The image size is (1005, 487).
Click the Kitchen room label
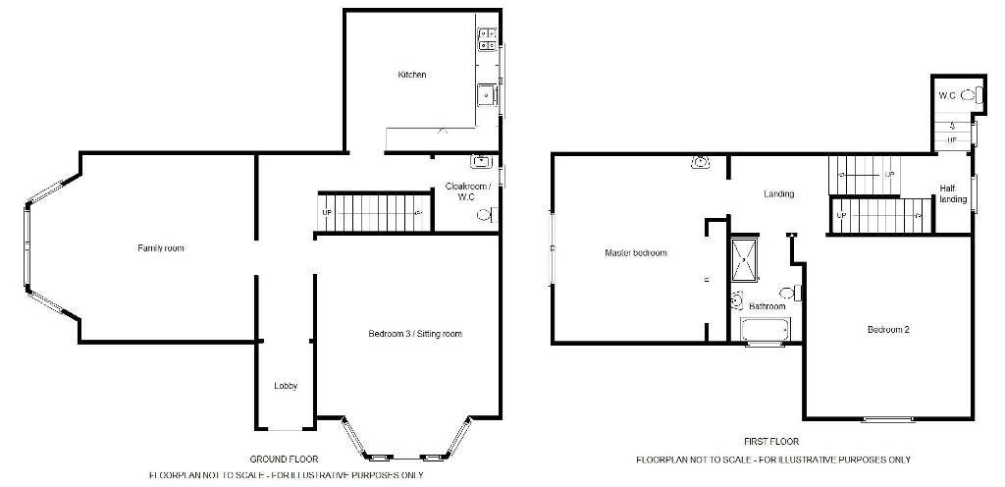coord(412,75)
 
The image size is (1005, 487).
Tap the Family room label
coord(161,248)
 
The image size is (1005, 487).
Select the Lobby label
coord(286,386)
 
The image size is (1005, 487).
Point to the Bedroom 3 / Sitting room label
coord(415,334)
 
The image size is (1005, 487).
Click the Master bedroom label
coord(636,253)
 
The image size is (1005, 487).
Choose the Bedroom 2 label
coord(889,330)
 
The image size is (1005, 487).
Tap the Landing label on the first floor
coord(779,193)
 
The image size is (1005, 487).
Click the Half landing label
coord(953,193)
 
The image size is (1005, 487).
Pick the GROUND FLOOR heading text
coord(284,459)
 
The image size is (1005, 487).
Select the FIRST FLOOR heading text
coord(771,442)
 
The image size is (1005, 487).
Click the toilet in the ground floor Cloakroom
coord(487,215)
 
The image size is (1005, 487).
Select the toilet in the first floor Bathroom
coord(796,293)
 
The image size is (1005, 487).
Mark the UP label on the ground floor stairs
coord(326,212)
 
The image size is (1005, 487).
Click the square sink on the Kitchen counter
coord(487,96)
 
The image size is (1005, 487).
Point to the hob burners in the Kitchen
coord(487,39)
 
